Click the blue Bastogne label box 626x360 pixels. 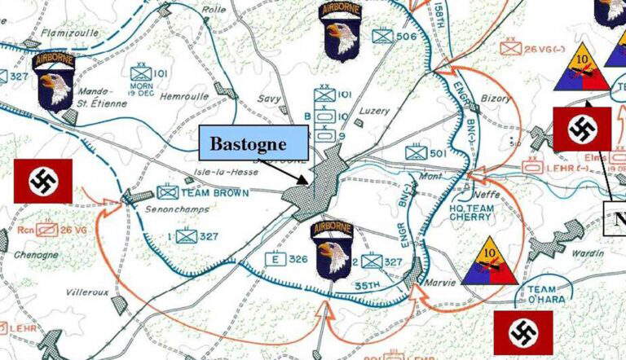click(254, 143)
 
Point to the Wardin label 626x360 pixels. click(589, 253)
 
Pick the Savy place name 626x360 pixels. click(270, 99)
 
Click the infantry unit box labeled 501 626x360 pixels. click(416, 152)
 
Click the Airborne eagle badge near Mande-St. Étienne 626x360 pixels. click(55, 81)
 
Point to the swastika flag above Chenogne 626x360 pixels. click(42, 180)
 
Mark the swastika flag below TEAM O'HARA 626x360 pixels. click(522, 332)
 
